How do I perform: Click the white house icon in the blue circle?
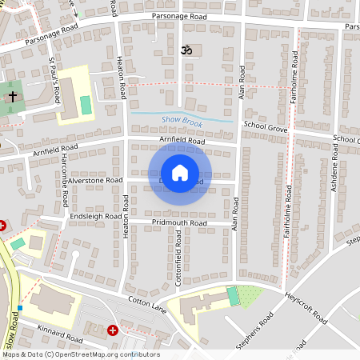pos(180,173)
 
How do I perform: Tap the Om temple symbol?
pos(189,50)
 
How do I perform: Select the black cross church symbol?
pos(12,97)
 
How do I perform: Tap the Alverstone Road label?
pos(93,181)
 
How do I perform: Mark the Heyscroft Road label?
pos(306,308)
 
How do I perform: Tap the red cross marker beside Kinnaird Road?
pos(113,330)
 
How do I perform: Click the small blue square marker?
pos(20,308)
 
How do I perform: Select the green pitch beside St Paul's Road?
pos(86,105)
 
